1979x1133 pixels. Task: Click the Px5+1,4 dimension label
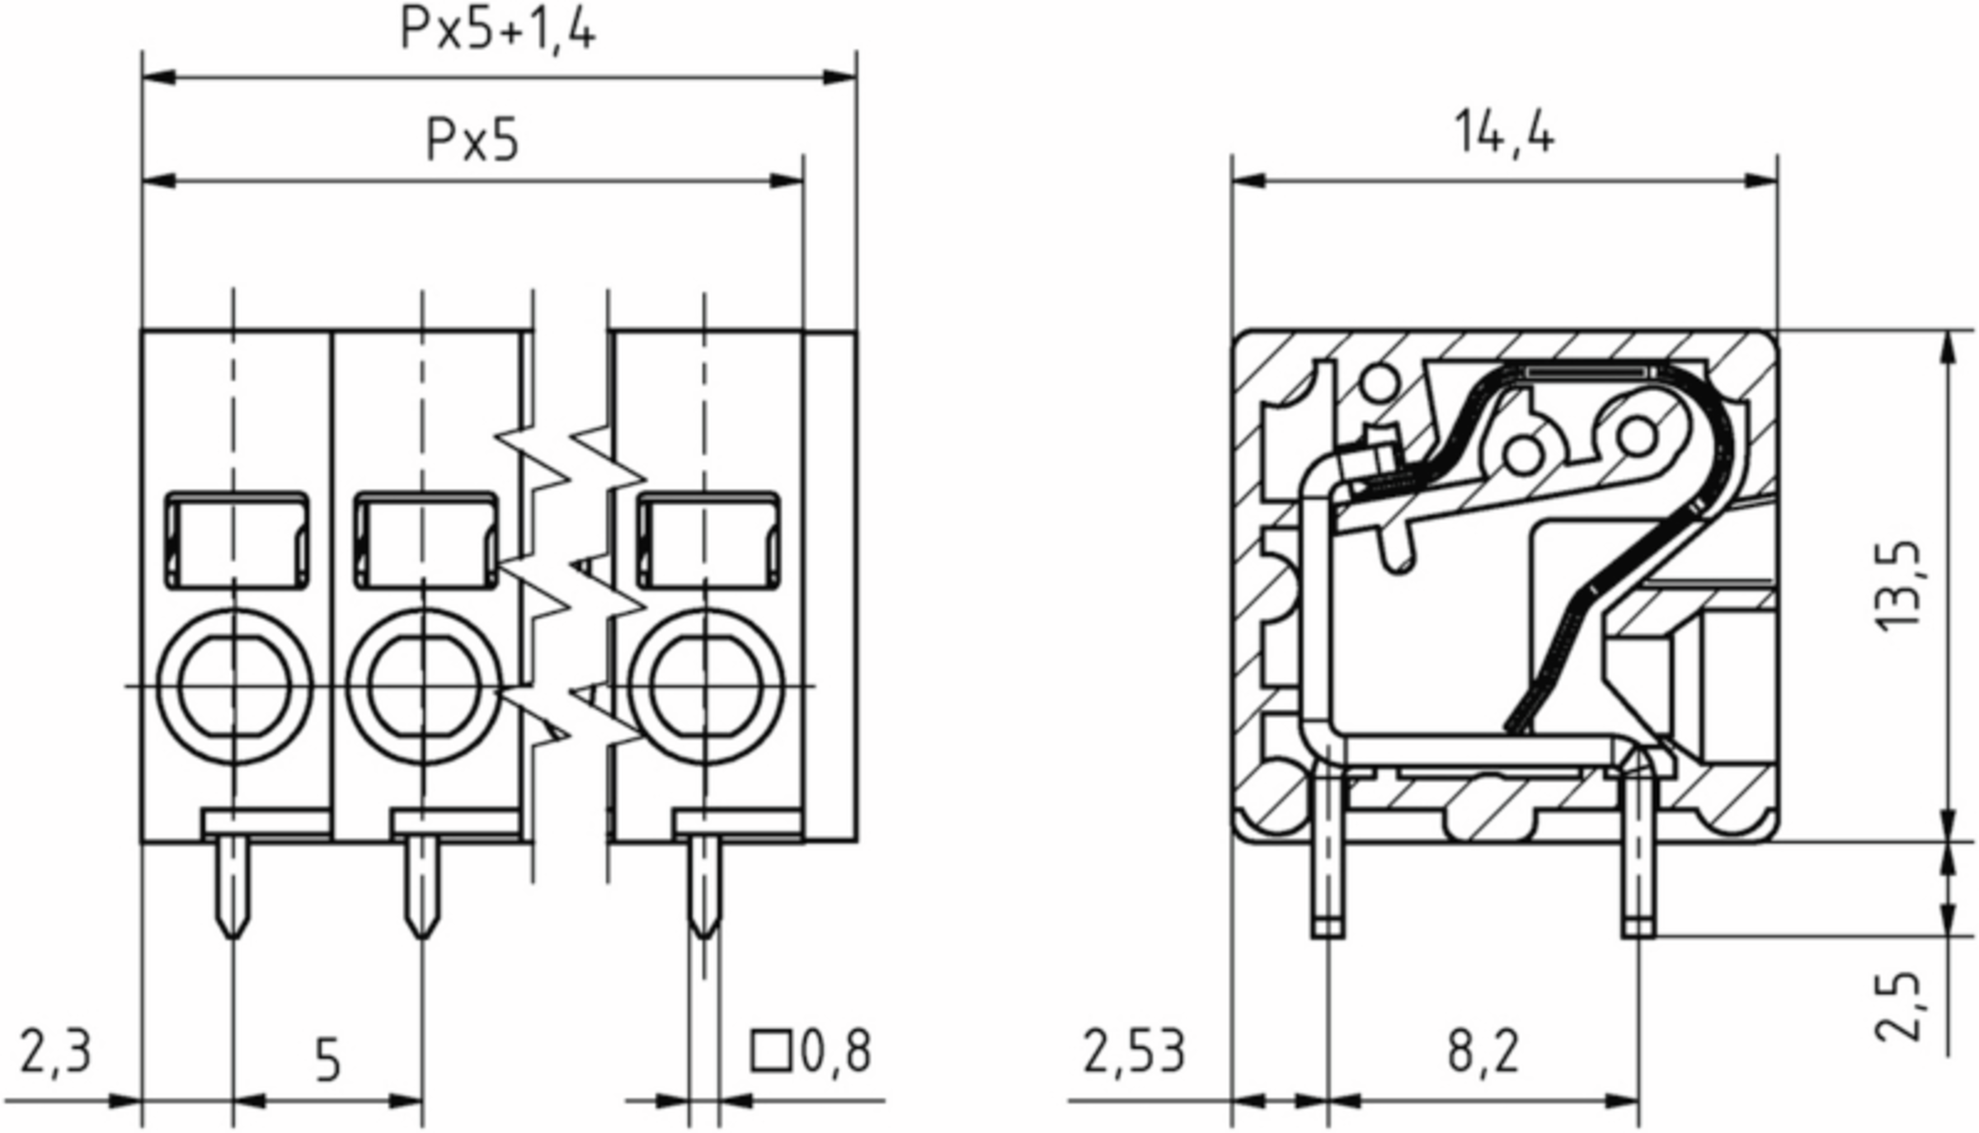497,30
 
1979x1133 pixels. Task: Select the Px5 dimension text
472,139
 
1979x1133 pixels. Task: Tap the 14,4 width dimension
1503,133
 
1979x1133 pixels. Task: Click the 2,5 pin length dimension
1898,1007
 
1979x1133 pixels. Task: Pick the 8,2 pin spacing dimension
1483,1052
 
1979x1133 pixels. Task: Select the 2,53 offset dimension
1134,1052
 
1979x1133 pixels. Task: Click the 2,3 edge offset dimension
55,1052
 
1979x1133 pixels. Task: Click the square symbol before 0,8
771,1051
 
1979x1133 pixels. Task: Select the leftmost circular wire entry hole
235,687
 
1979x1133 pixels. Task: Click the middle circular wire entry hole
424,687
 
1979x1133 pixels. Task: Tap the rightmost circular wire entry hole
705,687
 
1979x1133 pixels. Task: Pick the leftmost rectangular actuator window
237,541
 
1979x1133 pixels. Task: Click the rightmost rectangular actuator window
708,541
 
